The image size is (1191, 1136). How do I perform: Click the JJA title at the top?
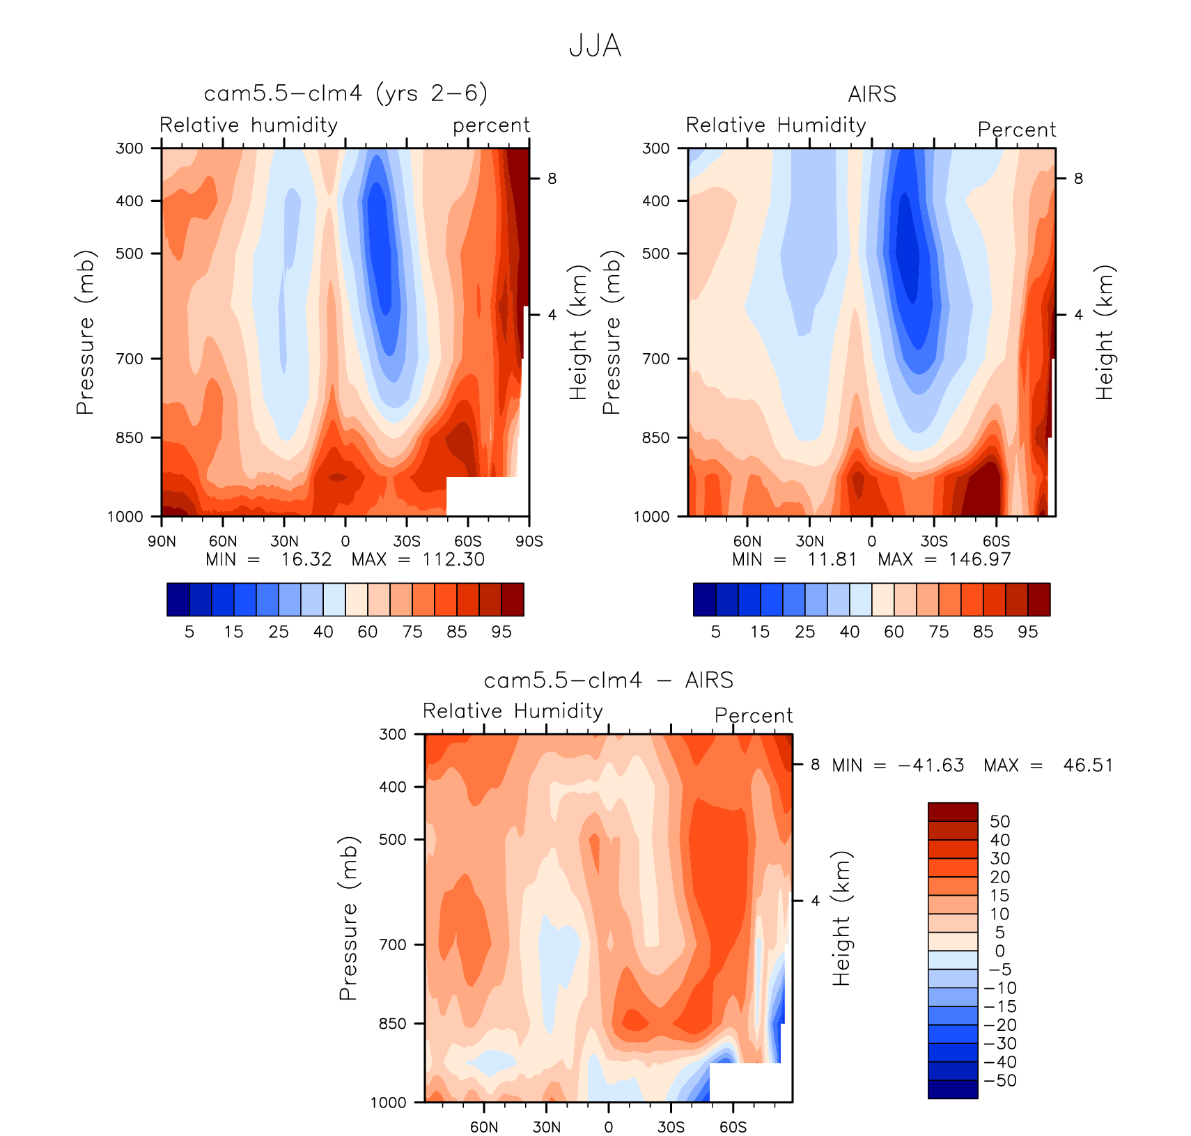595,46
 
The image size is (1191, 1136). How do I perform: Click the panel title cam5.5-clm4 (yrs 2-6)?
345,93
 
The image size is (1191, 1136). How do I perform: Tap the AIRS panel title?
871,94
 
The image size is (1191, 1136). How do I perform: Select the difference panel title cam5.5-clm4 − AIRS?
608,680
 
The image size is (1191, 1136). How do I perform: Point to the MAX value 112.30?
453,559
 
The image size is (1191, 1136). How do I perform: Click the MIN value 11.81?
832,559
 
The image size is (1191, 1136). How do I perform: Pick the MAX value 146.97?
979,559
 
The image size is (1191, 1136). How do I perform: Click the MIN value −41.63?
931,765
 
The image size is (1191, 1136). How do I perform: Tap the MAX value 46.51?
1088,765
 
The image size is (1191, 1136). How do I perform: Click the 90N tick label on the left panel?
162,541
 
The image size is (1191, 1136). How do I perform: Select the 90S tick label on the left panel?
529,541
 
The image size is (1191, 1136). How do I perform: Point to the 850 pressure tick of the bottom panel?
393,1023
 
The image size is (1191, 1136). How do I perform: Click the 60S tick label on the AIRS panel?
996,541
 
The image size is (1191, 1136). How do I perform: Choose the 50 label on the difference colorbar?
999,822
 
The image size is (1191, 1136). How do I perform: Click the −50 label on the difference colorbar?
999,1081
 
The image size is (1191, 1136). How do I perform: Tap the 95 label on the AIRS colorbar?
1027,632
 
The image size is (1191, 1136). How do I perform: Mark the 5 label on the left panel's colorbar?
189,632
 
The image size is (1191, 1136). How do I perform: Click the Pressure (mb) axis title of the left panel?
85,332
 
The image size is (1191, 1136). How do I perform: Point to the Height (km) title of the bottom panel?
841,918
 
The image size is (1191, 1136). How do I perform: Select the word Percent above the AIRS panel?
1016,130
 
